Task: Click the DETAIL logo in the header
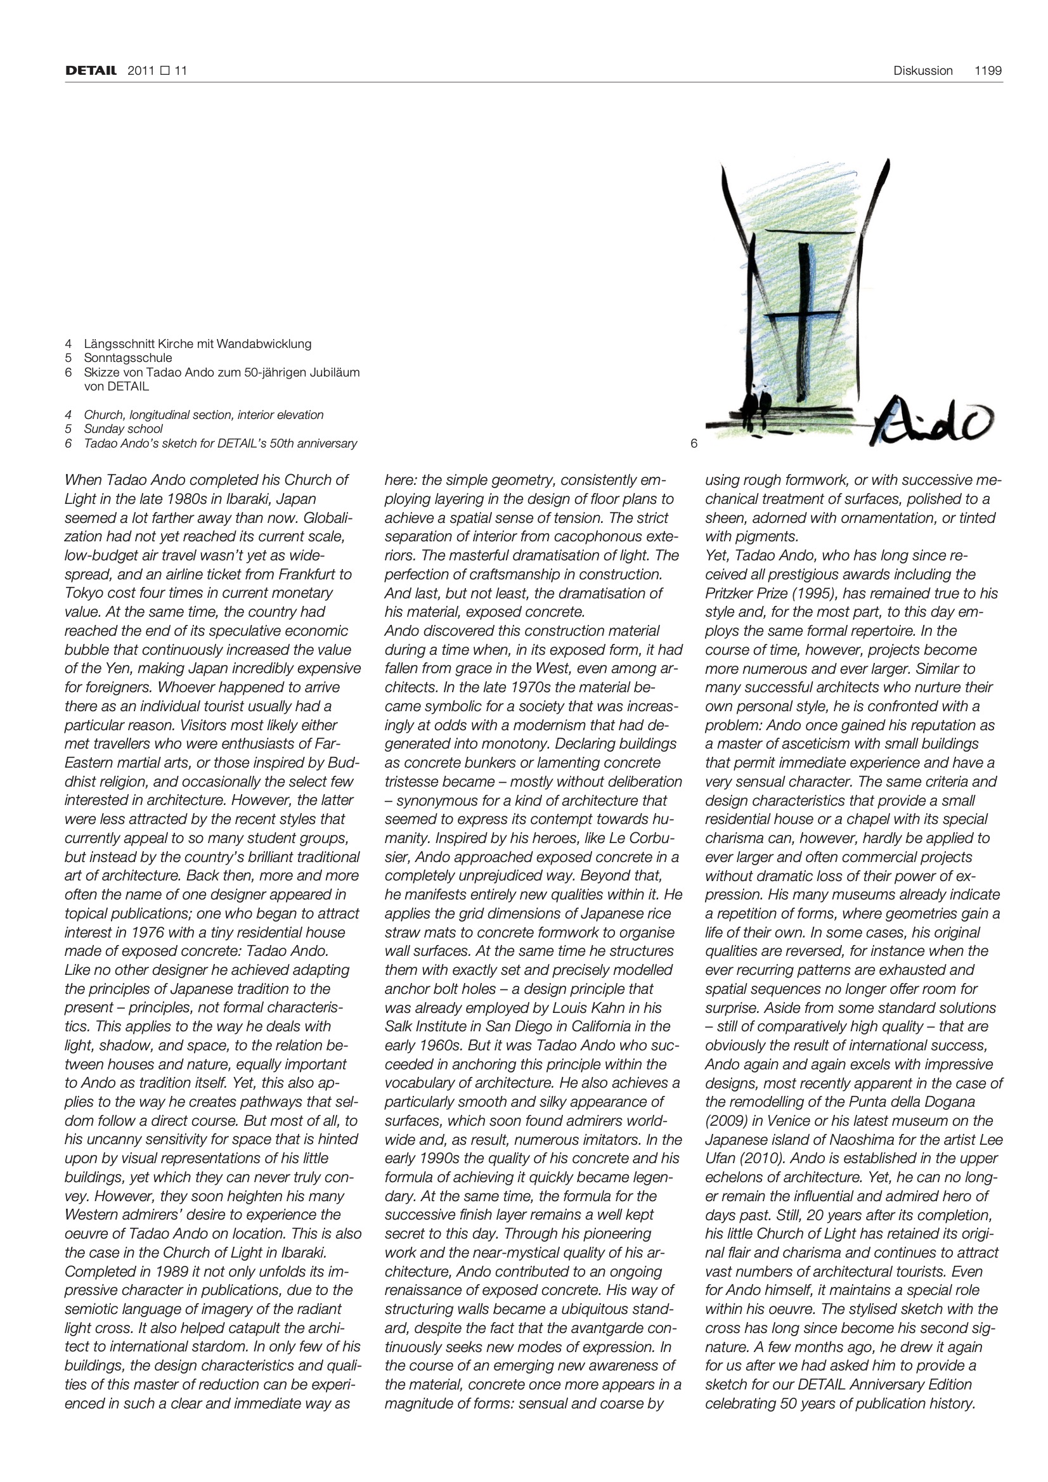click(91, 70)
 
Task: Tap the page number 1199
click(988, 70)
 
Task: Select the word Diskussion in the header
click(922, 70)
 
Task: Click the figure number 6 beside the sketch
click(694, 444)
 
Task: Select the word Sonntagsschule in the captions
click(128, 358)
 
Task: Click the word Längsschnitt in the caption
click(120, 344)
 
